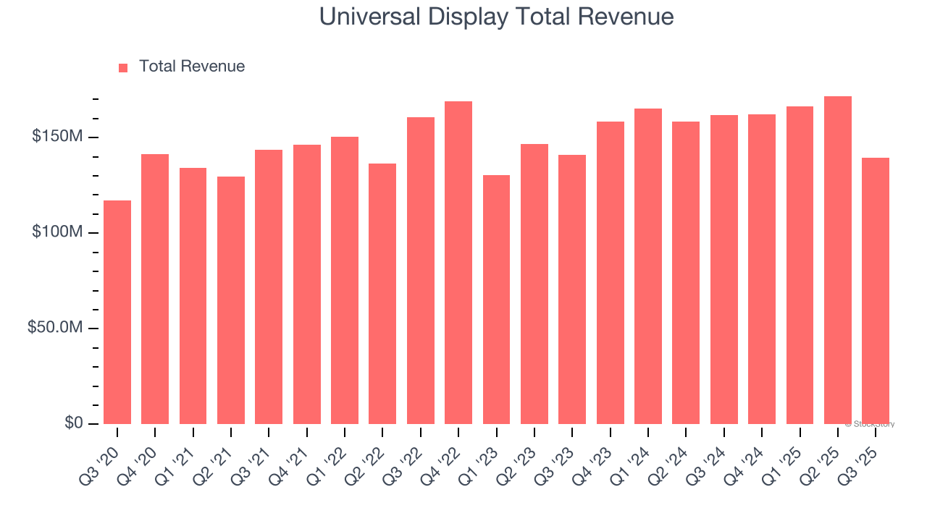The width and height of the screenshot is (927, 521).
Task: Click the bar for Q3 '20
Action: click(117, 312)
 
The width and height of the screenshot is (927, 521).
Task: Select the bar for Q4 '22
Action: click(458, 263)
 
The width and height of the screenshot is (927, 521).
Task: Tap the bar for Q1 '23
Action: click(496, 300)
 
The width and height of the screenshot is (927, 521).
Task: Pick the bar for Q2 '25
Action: click(838, 260)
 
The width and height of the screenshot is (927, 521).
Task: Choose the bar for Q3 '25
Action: click(876, 291)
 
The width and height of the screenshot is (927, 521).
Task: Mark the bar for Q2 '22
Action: click(382, 294)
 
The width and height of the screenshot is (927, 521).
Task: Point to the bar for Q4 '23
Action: click(610, 273)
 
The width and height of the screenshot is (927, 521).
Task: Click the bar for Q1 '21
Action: click(193, 296)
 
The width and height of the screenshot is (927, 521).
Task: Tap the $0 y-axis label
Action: click(74, 423)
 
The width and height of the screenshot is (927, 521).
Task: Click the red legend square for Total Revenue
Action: click(123, 67)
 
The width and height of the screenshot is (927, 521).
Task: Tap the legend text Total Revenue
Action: click(192, 67)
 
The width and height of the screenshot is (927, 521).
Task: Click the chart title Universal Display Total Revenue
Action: click(497, 17)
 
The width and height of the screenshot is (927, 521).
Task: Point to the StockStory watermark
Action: click(870, 424)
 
